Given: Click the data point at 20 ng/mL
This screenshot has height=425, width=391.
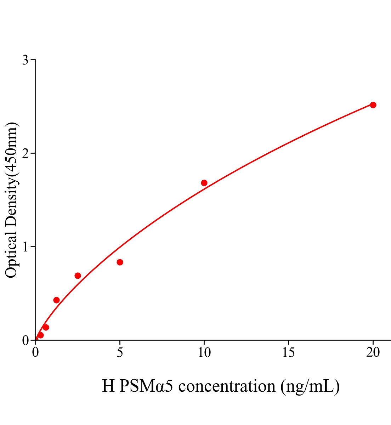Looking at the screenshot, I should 373,105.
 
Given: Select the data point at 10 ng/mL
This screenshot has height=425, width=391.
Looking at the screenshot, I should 204,183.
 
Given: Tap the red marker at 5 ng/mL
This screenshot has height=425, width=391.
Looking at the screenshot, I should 120,262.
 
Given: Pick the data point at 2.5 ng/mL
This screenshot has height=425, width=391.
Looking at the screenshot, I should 78,276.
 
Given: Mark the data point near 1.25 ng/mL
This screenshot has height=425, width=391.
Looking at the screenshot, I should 56,300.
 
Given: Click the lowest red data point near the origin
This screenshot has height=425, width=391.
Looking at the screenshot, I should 40,335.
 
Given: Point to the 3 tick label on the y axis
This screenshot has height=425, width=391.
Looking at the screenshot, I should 25,60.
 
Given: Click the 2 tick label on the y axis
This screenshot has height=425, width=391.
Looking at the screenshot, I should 25,153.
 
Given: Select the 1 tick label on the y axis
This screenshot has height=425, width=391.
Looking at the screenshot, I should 25,247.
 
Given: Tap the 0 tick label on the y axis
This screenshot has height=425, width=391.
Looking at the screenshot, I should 25,340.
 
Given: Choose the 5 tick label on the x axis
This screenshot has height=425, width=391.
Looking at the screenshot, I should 120,352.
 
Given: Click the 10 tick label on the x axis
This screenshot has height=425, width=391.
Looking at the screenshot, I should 204,352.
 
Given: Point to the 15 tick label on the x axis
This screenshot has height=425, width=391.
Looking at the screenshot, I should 288,352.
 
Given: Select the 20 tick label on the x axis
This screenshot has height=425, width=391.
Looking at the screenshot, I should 373,352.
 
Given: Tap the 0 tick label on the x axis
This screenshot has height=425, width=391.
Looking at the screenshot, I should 35,352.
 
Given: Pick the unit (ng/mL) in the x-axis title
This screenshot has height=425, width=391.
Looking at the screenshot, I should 310,386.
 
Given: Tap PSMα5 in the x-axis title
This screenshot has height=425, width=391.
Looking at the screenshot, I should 146,386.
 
